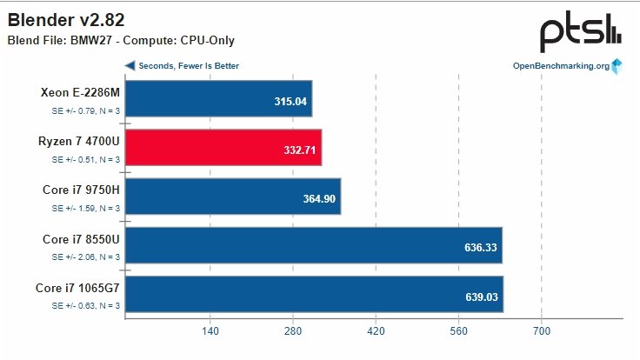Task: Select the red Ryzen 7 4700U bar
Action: [x=223, y=148]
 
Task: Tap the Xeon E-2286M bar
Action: [x=219, y=99]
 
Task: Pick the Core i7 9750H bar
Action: [x=233, y=197]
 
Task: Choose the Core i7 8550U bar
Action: [x=314, y=245]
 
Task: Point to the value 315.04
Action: [x=290, y=101]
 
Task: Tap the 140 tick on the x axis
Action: [x=210, y=331]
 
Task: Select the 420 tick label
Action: [x=376, y=331]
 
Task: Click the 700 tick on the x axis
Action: [x=542, y=331]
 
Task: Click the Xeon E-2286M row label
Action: [x=80, y=93]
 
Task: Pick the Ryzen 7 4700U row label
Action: [x=79, y=142]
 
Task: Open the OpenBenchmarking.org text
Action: [x=561, y=66]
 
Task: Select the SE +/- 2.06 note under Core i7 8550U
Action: [x=85, y=257]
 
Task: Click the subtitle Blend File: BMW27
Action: [x=121, y=40]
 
